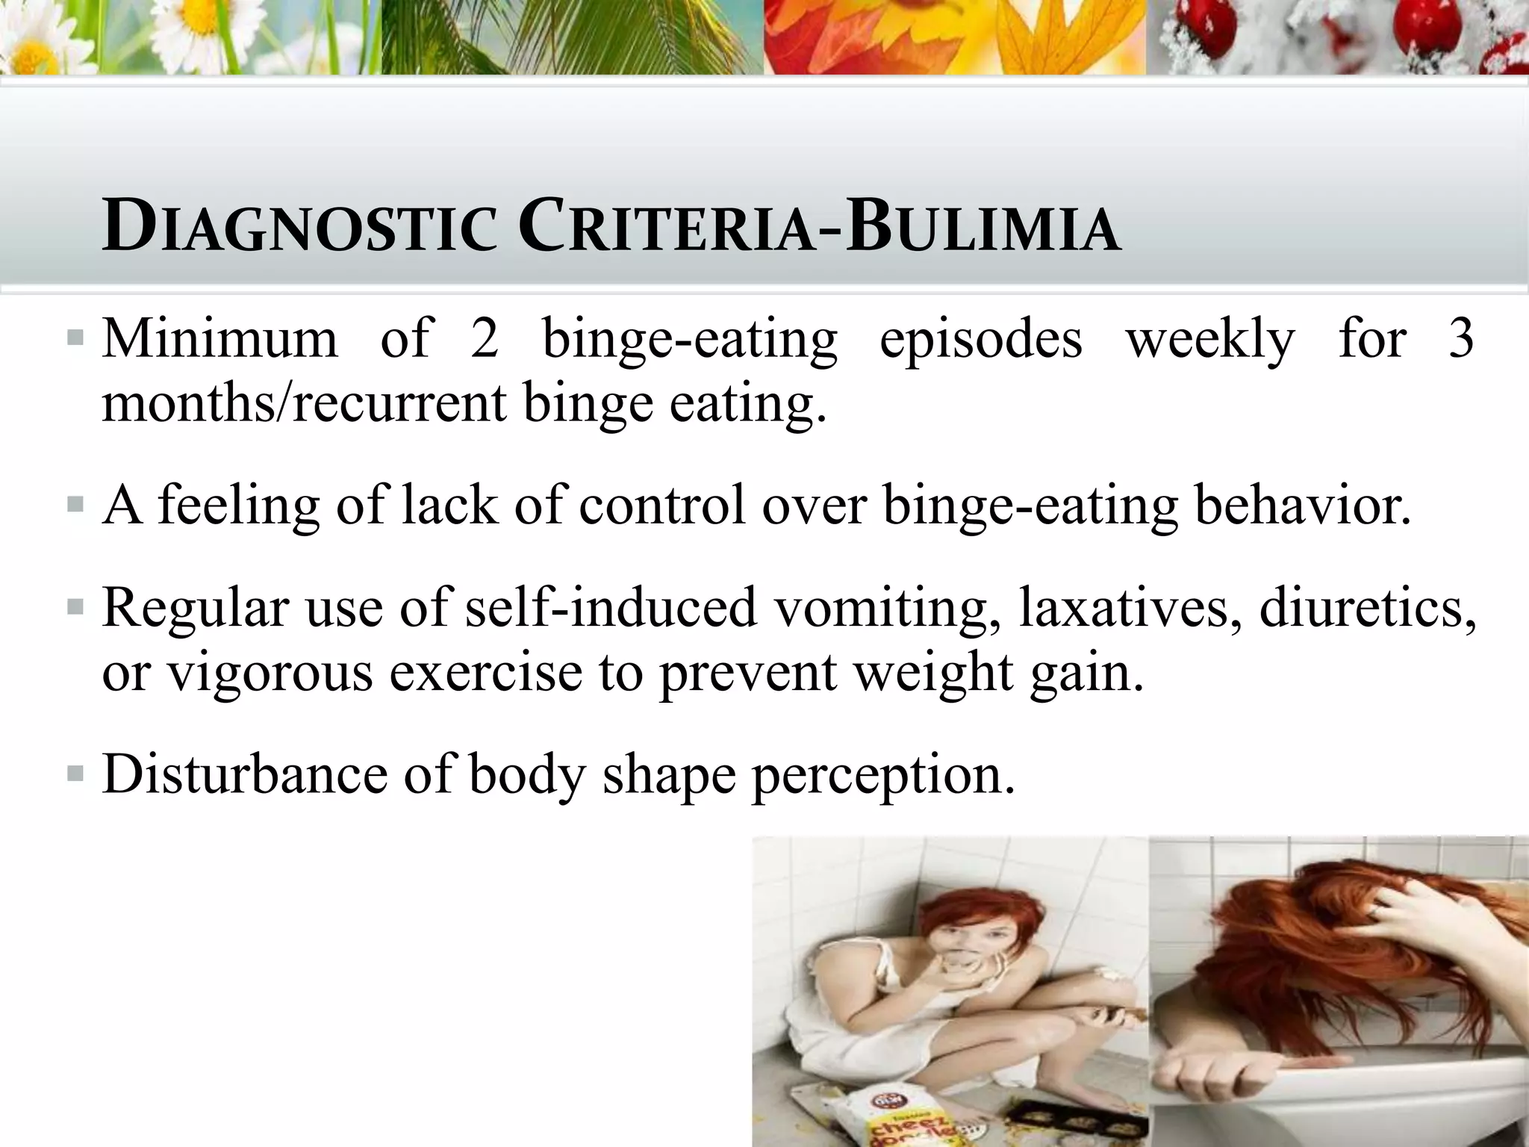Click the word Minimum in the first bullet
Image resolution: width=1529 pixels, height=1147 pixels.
coord(220,339)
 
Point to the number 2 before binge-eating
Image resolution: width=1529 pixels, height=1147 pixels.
coord(485,339)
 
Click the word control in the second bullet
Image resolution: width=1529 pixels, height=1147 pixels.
coord(662,505)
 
